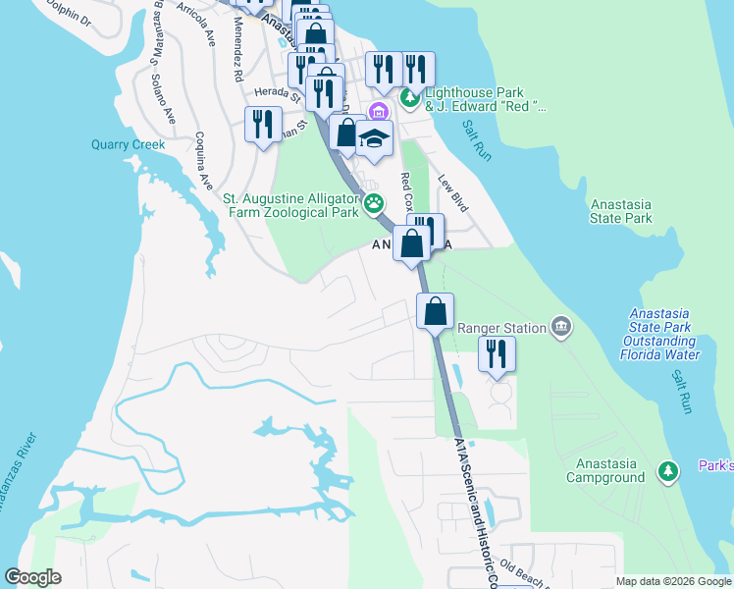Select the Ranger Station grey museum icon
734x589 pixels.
pyautogui.click(x=560, y=326)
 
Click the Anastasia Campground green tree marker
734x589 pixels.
pyautogui.click(x=667, y=471)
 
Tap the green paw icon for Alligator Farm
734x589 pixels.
pyautogui.click(x=374, y=204)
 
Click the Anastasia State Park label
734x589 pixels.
pyautogui.click(x=621, y=211)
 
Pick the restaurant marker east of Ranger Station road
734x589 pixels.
pyautogui.click(x=497, y=354)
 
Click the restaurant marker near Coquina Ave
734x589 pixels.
pyautogui.click(x=262, y=125)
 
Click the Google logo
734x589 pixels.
pyautogui.click(x=33, y=577)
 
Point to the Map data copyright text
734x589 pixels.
pyautogui.click(x=672, y=581)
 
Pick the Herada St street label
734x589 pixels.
pyautogui.click(x=277, y=92)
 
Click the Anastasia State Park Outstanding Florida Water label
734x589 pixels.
pyautogui.click(x=665, y=334)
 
